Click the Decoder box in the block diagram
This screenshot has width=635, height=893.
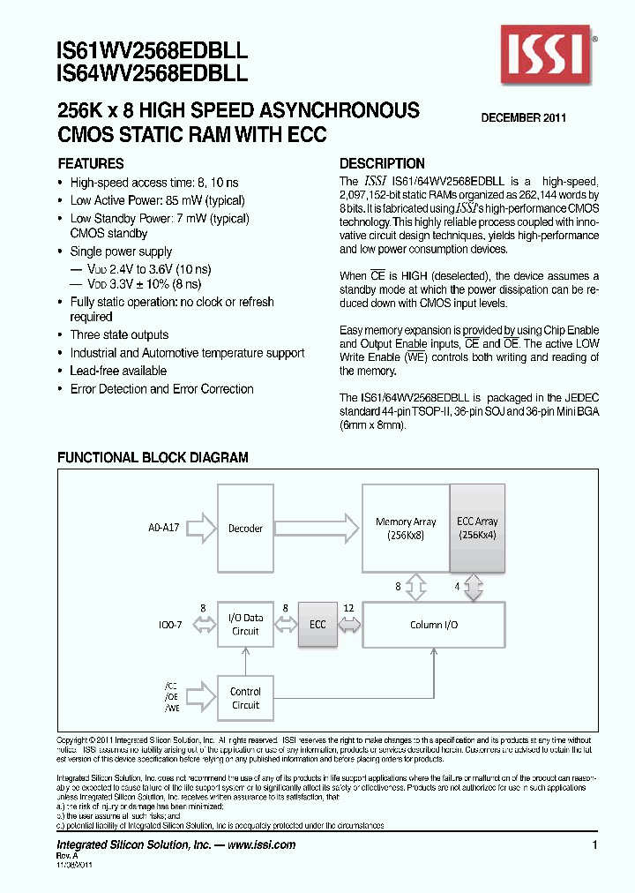pyautogui.click(x=245, y=529)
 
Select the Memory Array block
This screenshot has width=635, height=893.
pyautogui.click(x=406, y=529)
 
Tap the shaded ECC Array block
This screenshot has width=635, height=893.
pyautogui.click(x=477, y=529)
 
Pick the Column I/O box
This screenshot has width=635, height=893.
pyautogui.click(x=434, y=625)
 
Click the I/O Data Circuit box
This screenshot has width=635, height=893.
pyautogui.click(x=245, y=625)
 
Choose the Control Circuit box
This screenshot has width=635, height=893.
pyautogui.click(x=245, y=698)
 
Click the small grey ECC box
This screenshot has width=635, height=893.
pyautogui.click(x=317, y=625)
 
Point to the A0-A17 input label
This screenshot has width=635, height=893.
pyautogui.click(x=164, y=529)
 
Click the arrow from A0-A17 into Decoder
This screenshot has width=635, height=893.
pyautogui.click(x=202, y=529)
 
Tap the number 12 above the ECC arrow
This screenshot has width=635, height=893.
pyautogui.click(x=348, y=608)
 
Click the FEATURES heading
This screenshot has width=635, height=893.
pyautogui.click(x=90, y=164)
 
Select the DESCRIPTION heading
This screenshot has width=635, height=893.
pyautogui.click(x=382, y=164)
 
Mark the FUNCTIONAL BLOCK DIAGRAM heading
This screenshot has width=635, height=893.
pyautogui.click(x=153, y=458)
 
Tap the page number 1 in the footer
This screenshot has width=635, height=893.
pyautogui.click(x=596, y=845)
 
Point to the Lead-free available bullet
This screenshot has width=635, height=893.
pyautogui.click(x=118, y=371)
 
